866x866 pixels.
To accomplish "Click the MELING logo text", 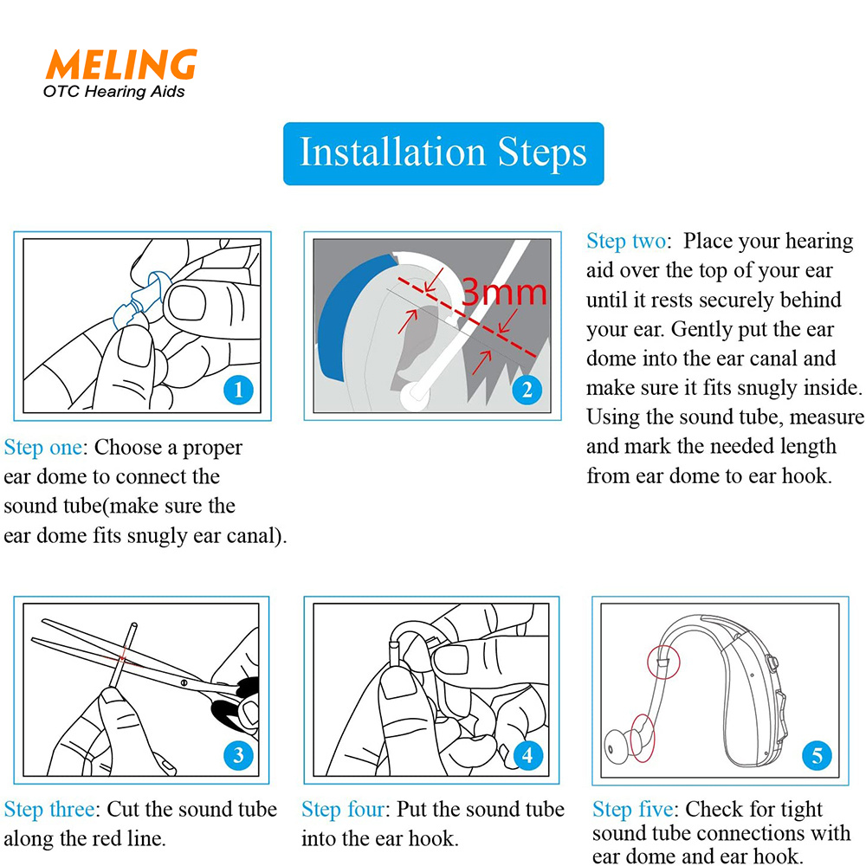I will click(120, 65).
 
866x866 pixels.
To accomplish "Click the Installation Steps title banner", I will click(443, 153).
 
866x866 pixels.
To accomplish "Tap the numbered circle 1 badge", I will click(238, 391).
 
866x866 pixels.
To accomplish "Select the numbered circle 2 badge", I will click(527, 391).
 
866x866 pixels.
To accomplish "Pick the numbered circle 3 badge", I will click(238, 755).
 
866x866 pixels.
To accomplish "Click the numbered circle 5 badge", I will click(817, 756).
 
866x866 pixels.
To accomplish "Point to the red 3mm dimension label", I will click(505, 293).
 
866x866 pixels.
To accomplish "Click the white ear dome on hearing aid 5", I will click(617, 743).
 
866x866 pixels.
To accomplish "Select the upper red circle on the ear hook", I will click(663, 661).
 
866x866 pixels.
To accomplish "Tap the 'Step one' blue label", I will click(44, 448).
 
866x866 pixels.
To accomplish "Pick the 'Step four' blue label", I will click(344, 810).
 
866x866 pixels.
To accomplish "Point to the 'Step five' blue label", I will click(635, 810).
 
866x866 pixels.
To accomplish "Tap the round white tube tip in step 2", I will click(415, 396).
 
